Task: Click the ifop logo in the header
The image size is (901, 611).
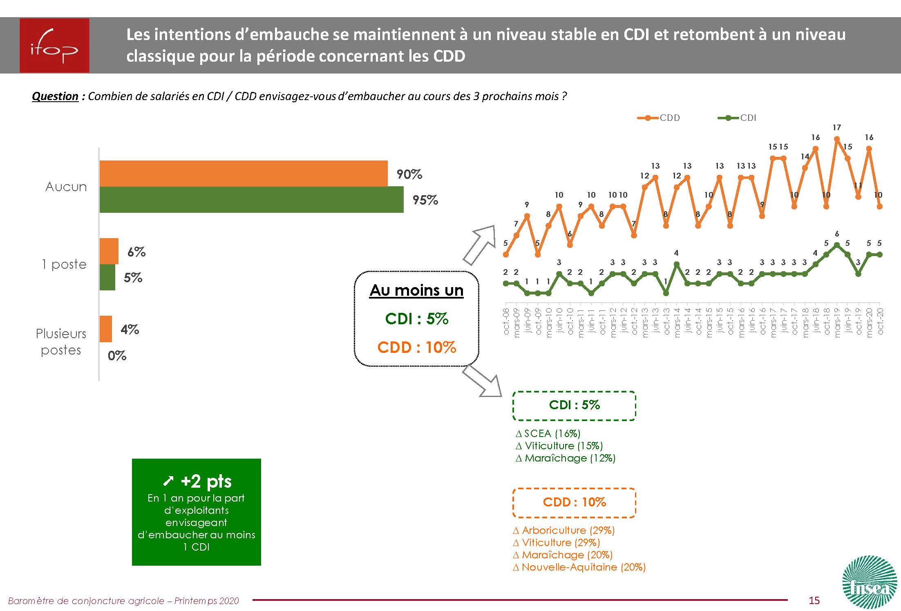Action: click(54, 45)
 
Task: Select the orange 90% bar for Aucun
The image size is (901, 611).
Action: click(243, 174)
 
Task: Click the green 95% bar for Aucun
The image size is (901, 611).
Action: click(251, 200)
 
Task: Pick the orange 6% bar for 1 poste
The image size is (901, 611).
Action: click(109, 251)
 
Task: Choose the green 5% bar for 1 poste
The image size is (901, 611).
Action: click(107, 277)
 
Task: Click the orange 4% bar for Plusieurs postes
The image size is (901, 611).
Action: click(106, 329)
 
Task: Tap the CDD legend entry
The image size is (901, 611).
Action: click(659, 118)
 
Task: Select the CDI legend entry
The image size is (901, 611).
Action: click(738, 118)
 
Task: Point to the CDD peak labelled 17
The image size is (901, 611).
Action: click(836, 139)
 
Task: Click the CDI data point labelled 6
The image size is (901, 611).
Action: click(836, 245)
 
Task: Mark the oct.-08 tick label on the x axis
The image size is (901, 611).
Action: click(506, 321)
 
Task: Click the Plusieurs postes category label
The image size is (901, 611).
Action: click(61, 342)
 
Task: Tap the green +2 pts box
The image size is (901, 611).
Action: click(196, 512)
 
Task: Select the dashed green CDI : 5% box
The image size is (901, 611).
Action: click(574, 406)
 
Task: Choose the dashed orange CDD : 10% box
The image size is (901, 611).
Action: click(574, 502)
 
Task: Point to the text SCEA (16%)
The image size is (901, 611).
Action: click(552, 433)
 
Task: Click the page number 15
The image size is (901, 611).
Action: click(814, 600)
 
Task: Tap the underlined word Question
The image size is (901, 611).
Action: click(55, 96)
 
